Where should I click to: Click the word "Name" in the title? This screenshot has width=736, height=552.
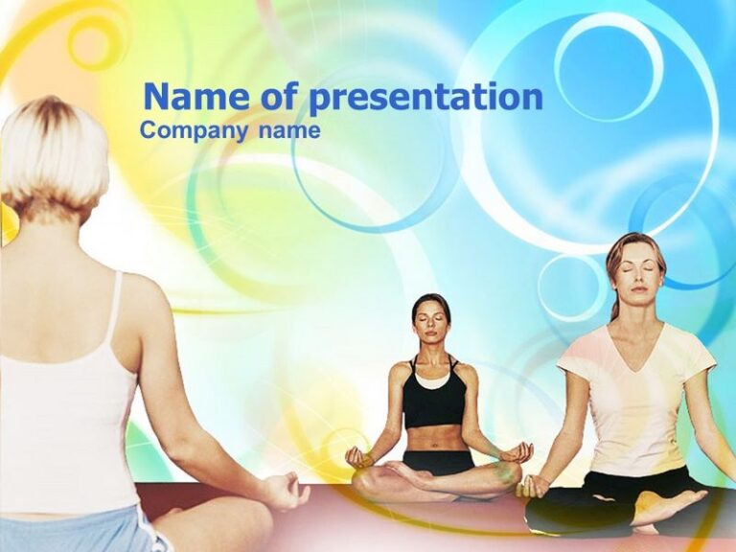pos(191,97)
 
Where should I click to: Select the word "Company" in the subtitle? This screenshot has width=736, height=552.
pos(194,130)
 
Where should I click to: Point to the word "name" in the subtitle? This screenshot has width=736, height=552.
pos(288,130)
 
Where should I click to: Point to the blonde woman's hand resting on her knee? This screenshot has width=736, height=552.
pos(285,491)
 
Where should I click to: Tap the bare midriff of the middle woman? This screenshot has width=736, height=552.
pos(436,437)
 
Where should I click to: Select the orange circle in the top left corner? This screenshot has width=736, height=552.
pos(90,43)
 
